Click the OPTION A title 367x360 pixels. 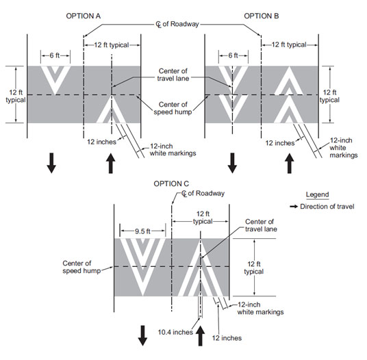click(84, 16)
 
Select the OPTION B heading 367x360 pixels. click(262, 16)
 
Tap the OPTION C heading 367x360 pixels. click(171, 183)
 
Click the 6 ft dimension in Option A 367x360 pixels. click(55, 55)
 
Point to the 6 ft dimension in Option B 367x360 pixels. click(233, 55)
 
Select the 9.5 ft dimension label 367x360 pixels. click(142, 231)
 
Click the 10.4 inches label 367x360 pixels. click(175, 332)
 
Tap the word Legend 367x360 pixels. click(318, 194)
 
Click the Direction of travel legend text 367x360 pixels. click(327, 206)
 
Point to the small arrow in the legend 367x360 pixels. click(294, 207)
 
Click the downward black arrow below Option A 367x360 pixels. click(51, 163)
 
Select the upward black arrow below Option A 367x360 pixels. click(111, 164)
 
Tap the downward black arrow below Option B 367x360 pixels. click(232, 163)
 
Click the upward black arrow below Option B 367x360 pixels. click(290, 164)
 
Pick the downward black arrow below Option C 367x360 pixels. click(142, 335)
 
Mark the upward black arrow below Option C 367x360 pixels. click(201, 336)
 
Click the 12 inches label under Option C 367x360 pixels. click(227, 338)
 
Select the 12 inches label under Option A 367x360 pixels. click(101, 142)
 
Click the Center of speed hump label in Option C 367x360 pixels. click(81, 267)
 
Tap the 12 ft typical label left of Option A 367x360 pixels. click(16, 96)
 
